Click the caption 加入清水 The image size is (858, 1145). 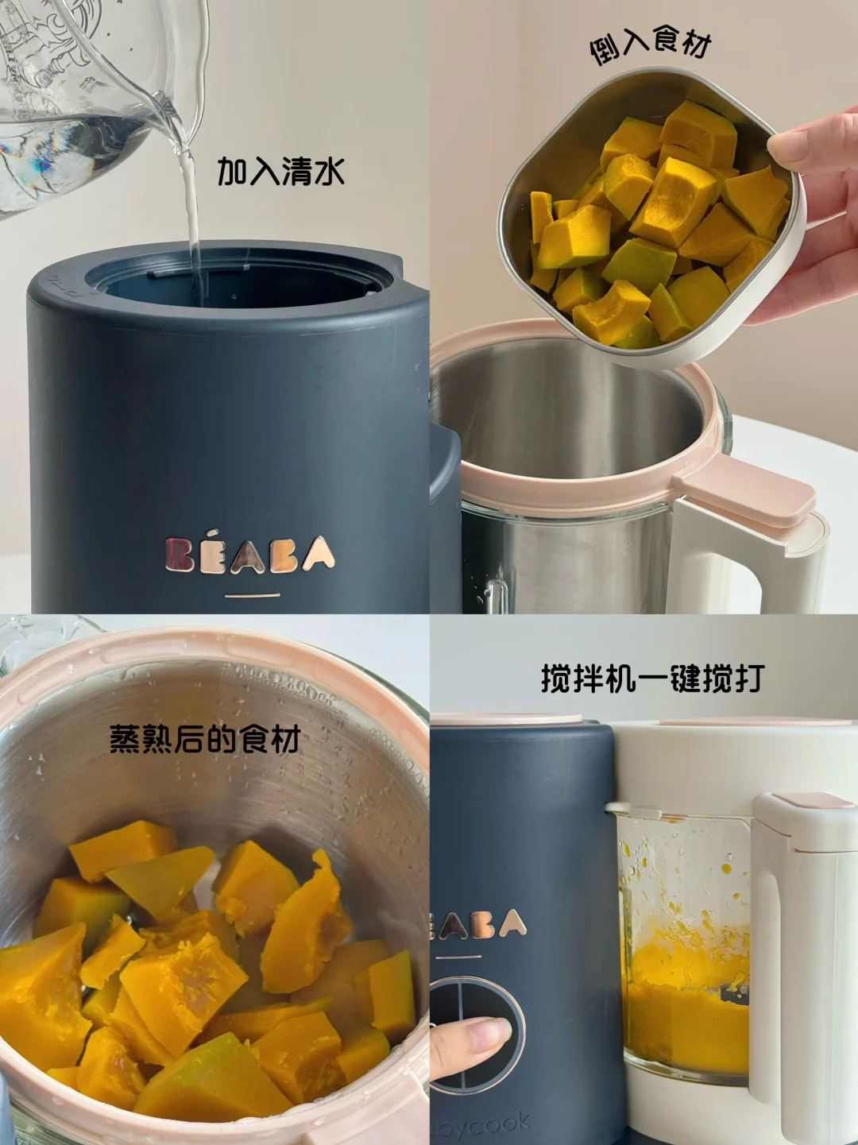pyautogui.click(x=280, y=172)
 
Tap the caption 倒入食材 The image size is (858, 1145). pyautogui.click(x=649, y=45)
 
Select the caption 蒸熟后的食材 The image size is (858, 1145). pyautogui.click(x=204, y=740)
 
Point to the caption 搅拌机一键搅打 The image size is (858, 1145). pyautogui.click(x=651, y=679)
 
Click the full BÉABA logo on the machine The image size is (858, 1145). pyautogui.click(x=249, y=554)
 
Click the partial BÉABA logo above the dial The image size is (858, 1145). pyautogui.click(x=477, y=923)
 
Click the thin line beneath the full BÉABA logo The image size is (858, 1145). pyautogui.click(x=252, y=594)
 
